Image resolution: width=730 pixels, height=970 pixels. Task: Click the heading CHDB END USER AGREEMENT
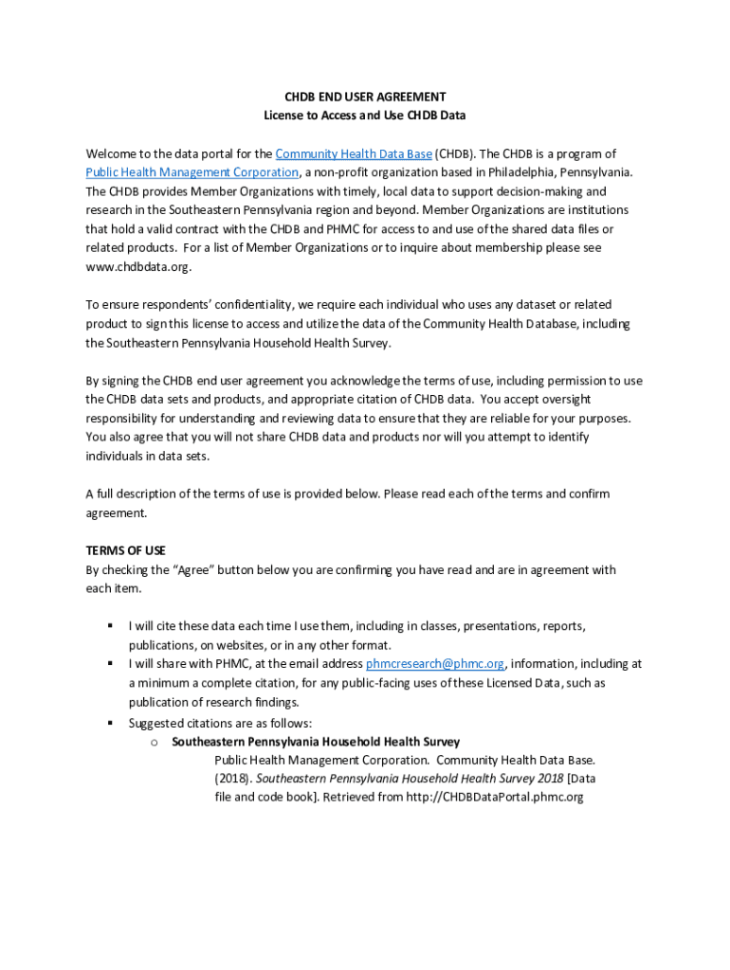(365, 97)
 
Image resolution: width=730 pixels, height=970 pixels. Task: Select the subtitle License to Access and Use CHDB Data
(365, 116)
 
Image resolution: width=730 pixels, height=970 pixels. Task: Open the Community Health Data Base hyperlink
(354, 153)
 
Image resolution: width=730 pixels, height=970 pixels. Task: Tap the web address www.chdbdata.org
(138, 267)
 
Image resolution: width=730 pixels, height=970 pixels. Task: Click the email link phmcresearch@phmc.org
(435, 664)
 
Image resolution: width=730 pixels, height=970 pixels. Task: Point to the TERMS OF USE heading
(126, 550)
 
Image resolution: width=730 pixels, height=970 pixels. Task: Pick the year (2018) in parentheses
(232, 778)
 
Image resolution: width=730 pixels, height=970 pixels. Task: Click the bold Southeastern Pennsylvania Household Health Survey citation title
(316, 742)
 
